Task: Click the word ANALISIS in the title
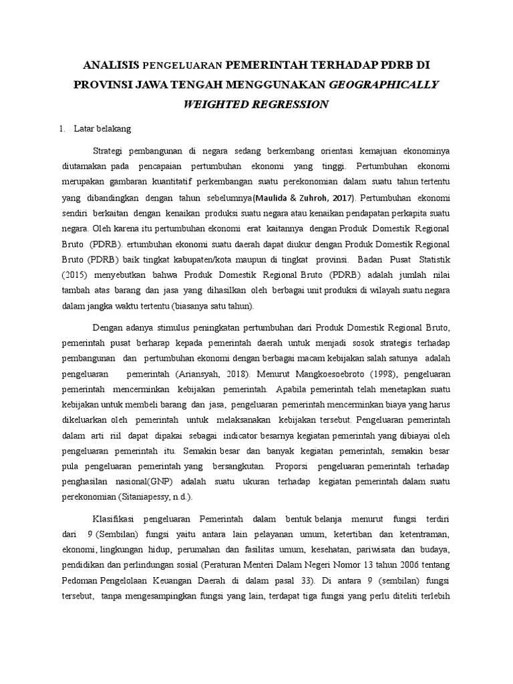pyautogui.click(x=110, y=65)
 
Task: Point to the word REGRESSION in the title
pyautogui.click(x=294, y=104)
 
